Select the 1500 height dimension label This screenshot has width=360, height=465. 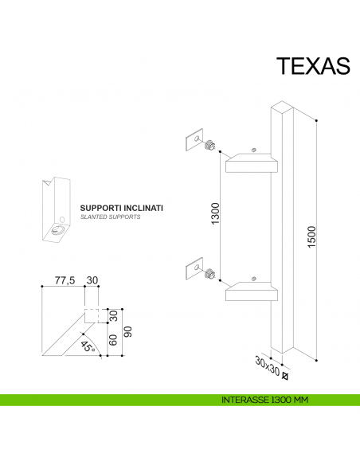312,236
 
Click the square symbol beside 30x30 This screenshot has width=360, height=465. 285,367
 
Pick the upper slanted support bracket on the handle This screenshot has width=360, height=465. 252,164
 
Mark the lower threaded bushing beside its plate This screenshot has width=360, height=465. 210,275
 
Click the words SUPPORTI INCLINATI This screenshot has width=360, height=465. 122,208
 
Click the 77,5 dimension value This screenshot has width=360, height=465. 65,280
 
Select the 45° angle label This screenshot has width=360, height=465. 88,346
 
